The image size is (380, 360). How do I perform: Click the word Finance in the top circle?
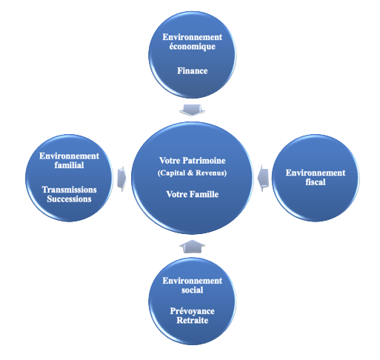point(193,71)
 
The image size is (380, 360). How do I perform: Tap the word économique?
point(193,47)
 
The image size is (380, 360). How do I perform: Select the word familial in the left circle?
point(69,165)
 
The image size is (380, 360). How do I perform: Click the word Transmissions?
point(69,190)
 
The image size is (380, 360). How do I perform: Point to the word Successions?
point(69,199)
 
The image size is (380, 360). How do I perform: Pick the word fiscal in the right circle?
point(316,182)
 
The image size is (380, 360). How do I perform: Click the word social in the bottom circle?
point(193,290)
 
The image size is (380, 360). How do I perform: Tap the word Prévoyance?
point(193,311)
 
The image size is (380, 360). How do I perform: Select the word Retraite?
point(193,320)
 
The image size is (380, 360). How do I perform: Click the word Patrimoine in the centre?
point(204,161)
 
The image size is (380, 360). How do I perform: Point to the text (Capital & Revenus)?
point(192,173)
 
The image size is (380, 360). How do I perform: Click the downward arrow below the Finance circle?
point(192,110)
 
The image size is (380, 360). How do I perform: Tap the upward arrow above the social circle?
point(192,246)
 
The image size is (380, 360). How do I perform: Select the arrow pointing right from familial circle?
point(121,179)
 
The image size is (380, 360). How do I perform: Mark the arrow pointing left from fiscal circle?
point(263,179)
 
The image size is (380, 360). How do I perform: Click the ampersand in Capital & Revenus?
point(190,173)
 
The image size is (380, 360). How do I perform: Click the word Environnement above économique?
point(193,37)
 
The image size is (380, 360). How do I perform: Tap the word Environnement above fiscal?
point(316,173)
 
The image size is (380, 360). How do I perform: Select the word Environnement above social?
point(193,281)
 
